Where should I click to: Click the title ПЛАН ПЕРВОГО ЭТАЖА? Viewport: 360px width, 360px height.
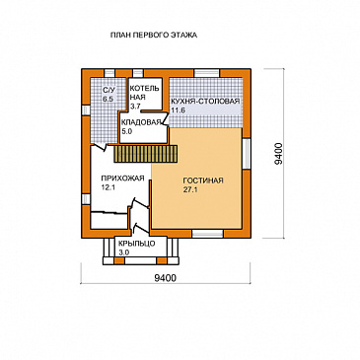154,36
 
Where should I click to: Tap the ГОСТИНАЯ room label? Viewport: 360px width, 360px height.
203,180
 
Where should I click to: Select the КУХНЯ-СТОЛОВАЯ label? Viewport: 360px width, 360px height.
205,102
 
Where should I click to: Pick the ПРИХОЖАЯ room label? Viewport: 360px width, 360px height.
122,179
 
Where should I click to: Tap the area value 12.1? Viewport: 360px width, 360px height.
108,187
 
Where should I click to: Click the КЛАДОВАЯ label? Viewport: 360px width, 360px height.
141,122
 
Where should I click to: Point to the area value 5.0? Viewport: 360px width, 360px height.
127,131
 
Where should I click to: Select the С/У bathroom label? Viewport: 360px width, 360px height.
108,90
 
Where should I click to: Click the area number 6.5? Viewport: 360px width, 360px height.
108,99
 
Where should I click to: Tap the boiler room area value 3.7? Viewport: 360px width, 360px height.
135,107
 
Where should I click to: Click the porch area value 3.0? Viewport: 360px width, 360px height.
123,252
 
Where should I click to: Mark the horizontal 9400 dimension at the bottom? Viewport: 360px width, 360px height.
166,278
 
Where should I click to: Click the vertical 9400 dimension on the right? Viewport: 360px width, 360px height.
278,153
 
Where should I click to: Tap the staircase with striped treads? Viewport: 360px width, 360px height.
146,154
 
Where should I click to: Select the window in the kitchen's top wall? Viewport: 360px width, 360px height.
206,73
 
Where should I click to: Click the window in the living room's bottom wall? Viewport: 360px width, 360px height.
207,234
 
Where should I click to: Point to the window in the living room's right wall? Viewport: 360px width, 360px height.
247,153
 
